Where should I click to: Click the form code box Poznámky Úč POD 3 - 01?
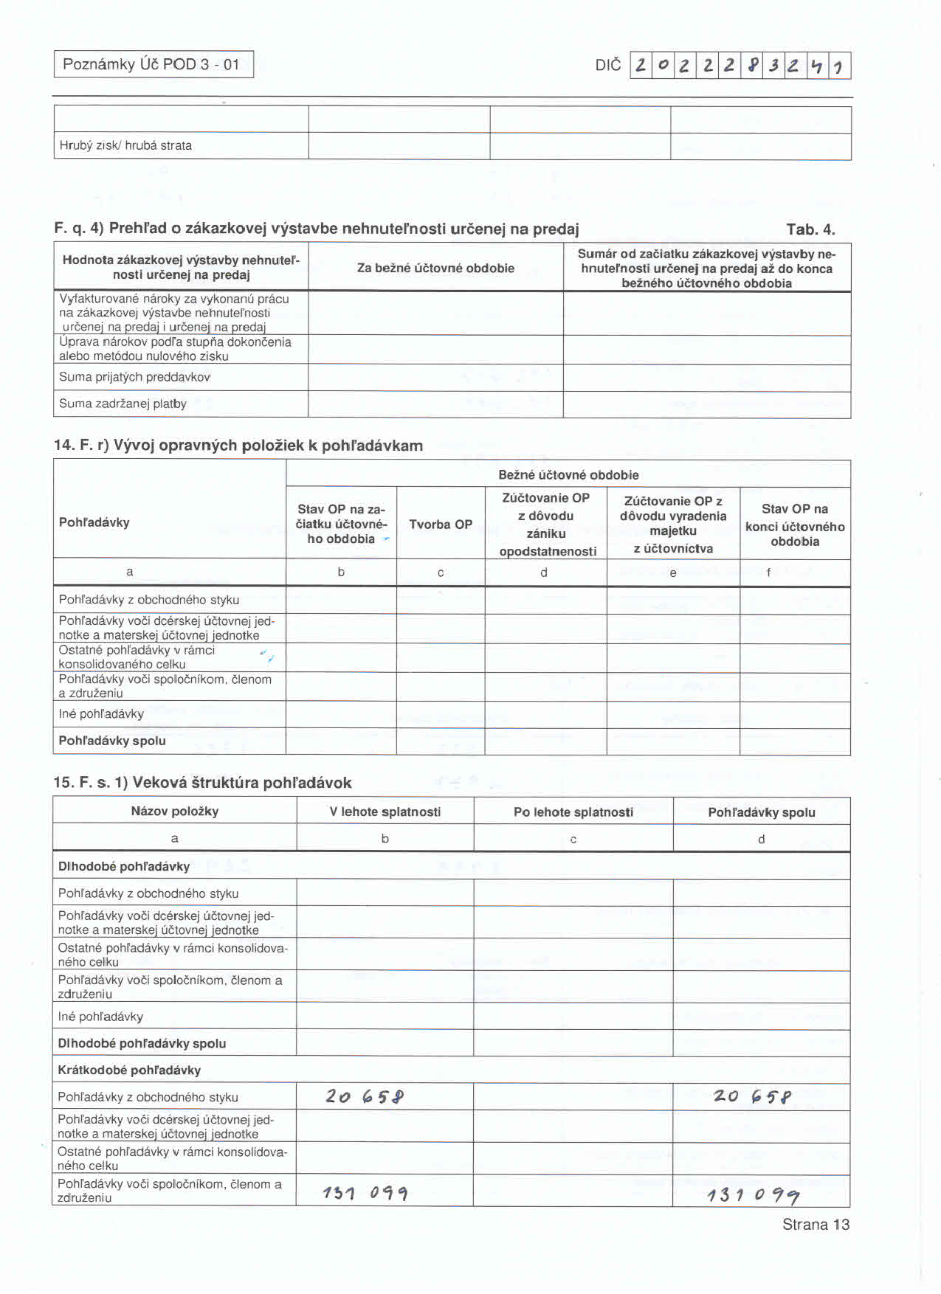tap(154, 64)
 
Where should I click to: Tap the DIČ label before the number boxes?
tap(607, 65)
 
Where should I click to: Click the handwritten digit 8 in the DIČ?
tap(752, 66)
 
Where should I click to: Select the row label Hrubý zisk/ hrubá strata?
tap(125, 145)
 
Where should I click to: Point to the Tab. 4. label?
tap(810, 229)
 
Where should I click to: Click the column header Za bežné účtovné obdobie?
tap(435, 268)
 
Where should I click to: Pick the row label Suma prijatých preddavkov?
tap(135, 377)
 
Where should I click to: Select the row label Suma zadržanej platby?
tap(123, 404)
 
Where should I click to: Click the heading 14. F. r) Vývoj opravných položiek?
tap(238, 446)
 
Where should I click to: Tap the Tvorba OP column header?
tap(441, 525)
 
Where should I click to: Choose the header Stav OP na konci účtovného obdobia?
tap(795, 525)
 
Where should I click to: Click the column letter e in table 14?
tap(673, 572)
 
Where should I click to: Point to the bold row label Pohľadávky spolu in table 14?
tap(112, 741)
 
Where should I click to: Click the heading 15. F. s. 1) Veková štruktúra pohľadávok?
tap(202, 783)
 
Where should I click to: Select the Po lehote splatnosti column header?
tap(573, 812)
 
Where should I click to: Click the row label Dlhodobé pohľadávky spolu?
tap(142, 1043)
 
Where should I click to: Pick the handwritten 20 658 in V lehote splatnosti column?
tap(365, 1097)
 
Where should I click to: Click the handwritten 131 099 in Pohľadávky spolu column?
tap(754, 1195)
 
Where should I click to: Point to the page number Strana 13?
tap(816, 1225)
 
